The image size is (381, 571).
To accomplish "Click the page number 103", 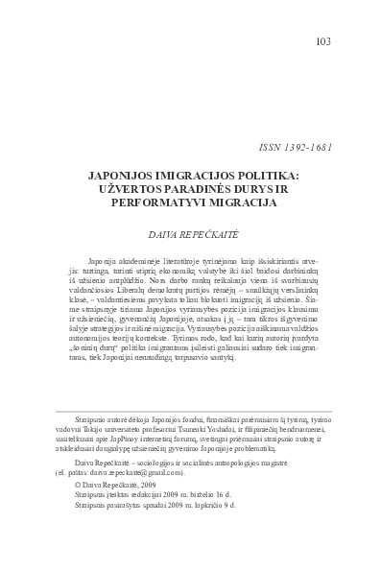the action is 323,41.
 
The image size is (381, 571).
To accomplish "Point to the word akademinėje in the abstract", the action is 136,263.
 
